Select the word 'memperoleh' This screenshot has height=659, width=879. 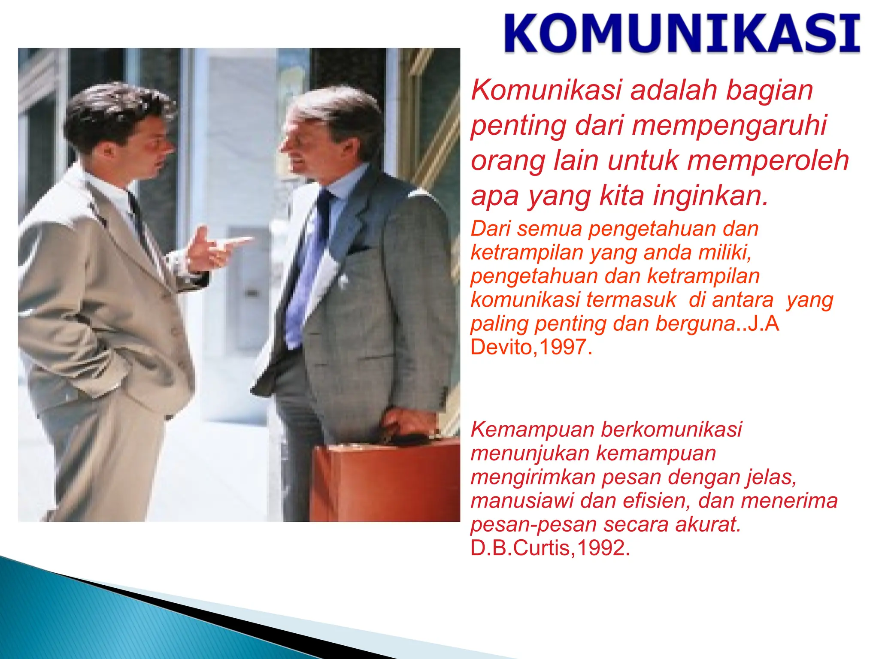768,160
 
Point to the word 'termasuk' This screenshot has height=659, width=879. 631,300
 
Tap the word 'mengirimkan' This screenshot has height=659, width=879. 532,478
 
